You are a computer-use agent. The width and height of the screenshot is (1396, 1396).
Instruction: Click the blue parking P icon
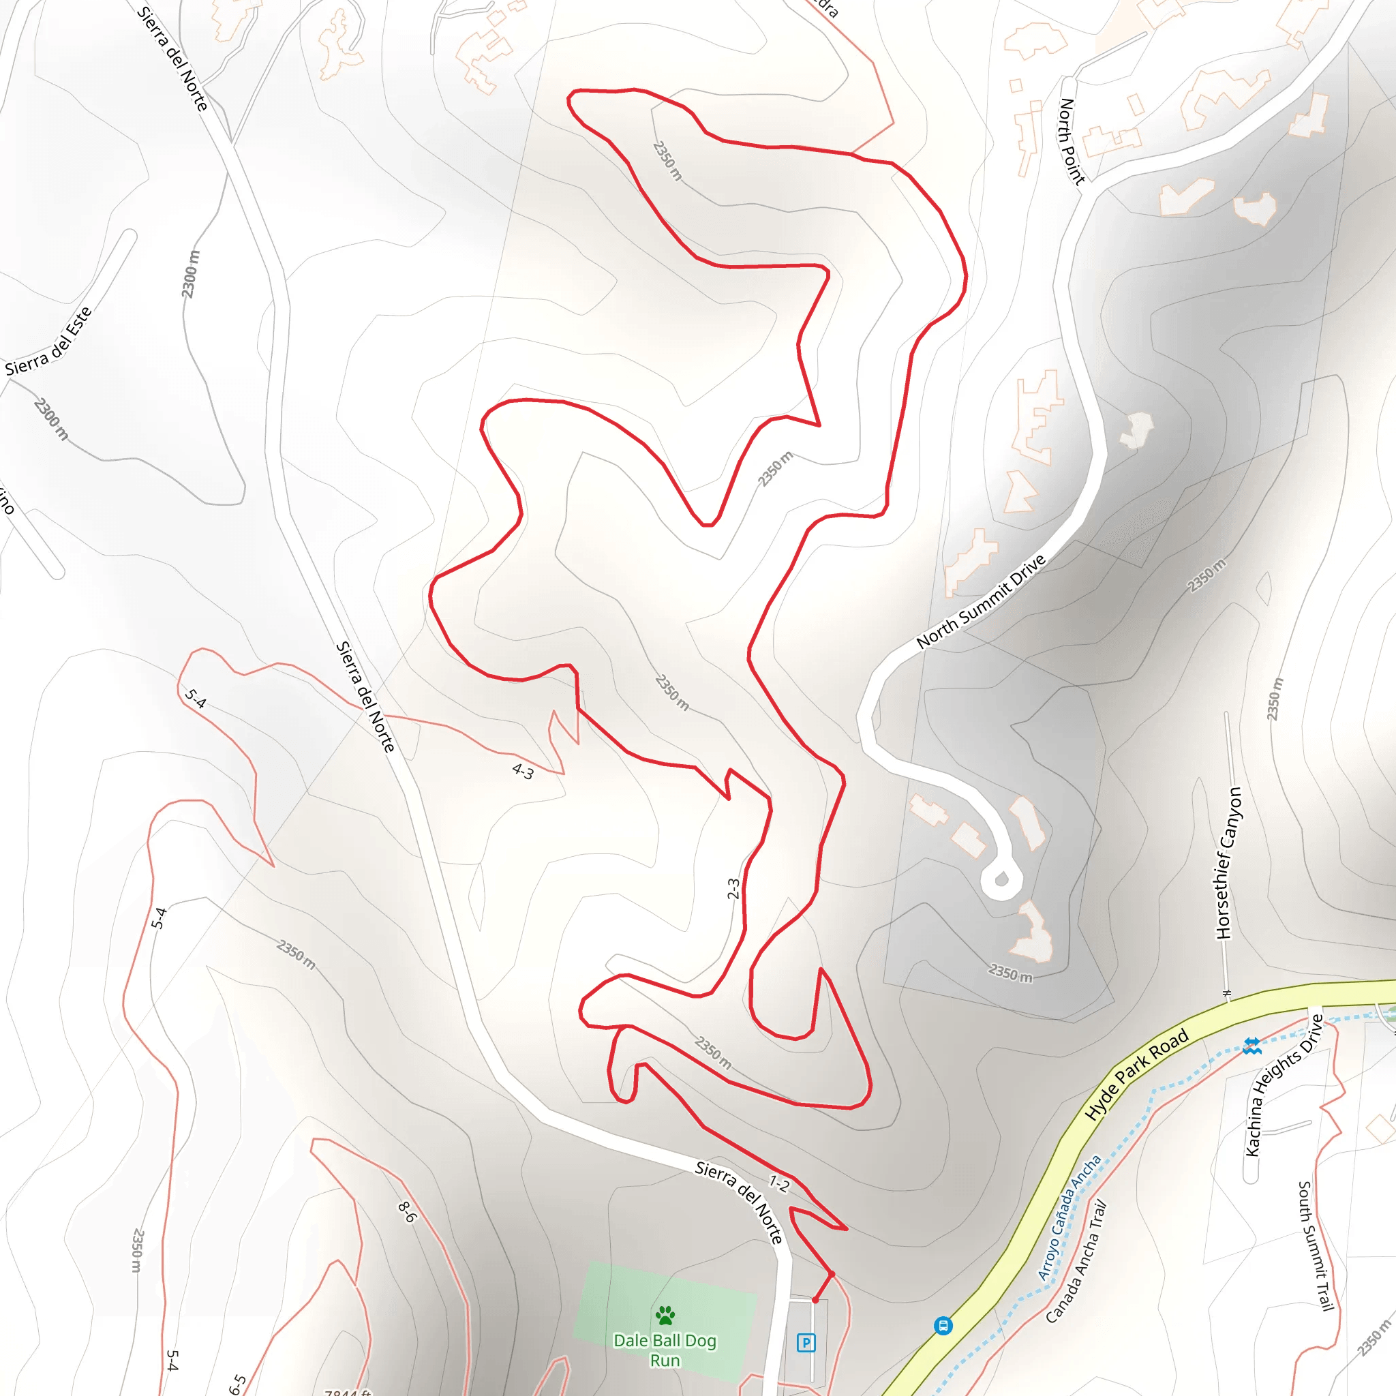[x=806, y=1343]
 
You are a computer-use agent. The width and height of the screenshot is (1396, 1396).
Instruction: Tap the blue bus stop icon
[x=943, y=1325]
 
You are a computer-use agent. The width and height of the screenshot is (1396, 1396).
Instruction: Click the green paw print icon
[x=665, y=1315]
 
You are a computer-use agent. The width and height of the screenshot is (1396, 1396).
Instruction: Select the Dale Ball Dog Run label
[x=665, y=1350]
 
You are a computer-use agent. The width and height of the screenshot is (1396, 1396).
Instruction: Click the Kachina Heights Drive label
[x=1284, y=1086]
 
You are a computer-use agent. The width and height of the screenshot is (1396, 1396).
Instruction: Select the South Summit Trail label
[x=1315, y=1245]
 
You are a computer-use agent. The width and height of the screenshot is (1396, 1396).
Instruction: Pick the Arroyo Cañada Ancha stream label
[x=1069, y=1217]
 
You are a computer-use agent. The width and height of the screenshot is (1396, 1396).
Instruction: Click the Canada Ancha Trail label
[x=1076, y=1262]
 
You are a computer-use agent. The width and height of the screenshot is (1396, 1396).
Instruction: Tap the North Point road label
[x=1072, y=141]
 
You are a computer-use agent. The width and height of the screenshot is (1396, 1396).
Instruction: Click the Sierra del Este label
[x=48, y=342]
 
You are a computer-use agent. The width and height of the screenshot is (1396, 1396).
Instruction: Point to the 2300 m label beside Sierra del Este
[x=51, y=419]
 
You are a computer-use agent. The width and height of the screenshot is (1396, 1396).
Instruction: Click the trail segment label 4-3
[x=522, y=772]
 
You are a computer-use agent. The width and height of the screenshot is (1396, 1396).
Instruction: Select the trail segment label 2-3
[x=733, y=888]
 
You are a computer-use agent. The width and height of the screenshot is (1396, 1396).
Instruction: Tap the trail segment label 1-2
[x=779, y=1183]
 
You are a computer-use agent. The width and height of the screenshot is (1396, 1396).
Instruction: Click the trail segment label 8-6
[x=408, y=1212]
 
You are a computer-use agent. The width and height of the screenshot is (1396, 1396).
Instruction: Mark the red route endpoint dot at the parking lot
[x=815, y=1300]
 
